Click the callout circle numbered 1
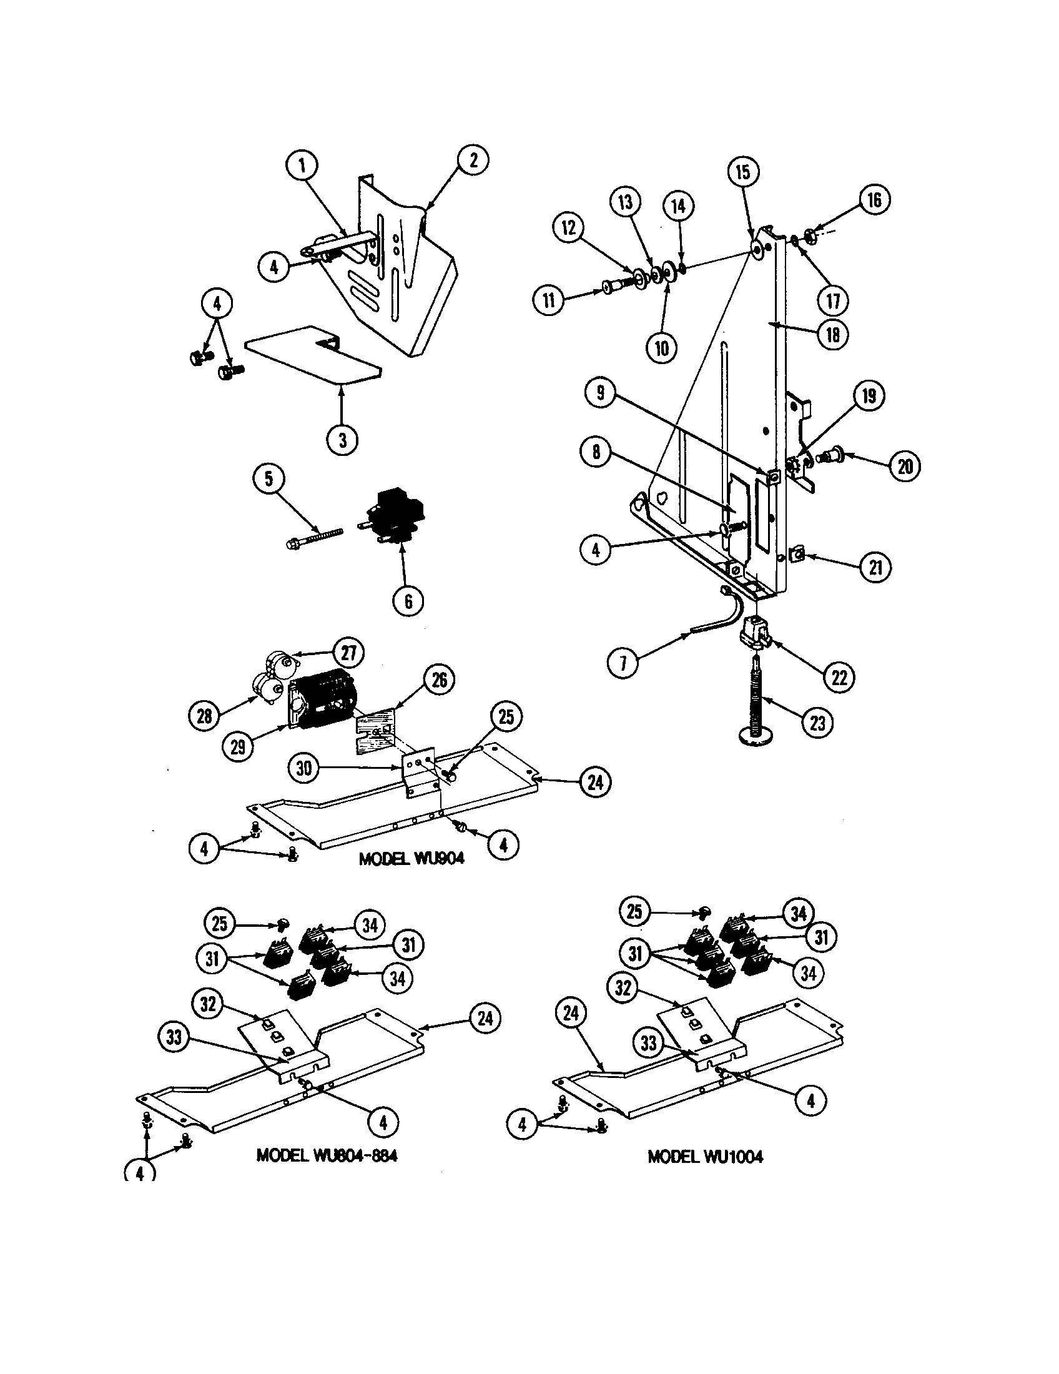click(302, 166)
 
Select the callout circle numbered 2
click(473, 160)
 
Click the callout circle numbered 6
click(408, 601)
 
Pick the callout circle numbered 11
click(549, 299)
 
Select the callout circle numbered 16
click(874, 200)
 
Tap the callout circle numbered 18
click(833, 335)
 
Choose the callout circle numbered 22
click(839, 678)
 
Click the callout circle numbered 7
click(623, 663)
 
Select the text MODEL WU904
click(411, 858)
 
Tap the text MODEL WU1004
click(705, 1156)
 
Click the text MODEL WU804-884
click(327, 1155)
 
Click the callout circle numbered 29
click(238, 746)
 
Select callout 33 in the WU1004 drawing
click(648, 1044)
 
